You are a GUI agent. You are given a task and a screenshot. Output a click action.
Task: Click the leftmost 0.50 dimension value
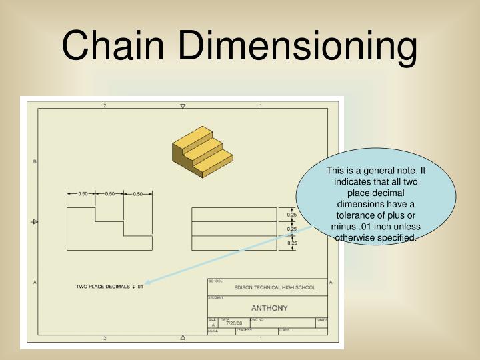tap(83, 194)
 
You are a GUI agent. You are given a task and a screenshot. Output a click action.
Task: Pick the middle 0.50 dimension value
tap(110, 194)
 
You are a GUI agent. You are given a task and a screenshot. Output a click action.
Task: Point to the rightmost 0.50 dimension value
tap(138, 194)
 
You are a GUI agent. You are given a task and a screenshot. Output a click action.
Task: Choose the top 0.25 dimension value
tap(292, 215)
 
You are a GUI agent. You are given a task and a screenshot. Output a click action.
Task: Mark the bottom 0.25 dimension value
tap(292, 243)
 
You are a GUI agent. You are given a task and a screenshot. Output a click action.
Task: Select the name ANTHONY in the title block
tap(269, 308)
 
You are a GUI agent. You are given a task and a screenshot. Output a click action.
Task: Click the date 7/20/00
tap(234, 323)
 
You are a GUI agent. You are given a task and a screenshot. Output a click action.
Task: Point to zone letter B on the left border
tap(35, 162)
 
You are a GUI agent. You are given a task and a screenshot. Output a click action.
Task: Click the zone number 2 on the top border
tap(105, 105)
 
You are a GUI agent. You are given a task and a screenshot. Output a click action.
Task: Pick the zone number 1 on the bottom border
tap(261, 339)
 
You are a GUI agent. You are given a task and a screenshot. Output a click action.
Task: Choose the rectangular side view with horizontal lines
tap(234, 228)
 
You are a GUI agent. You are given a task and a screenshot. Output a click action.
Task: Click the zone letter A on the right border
tap(331, 283)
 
